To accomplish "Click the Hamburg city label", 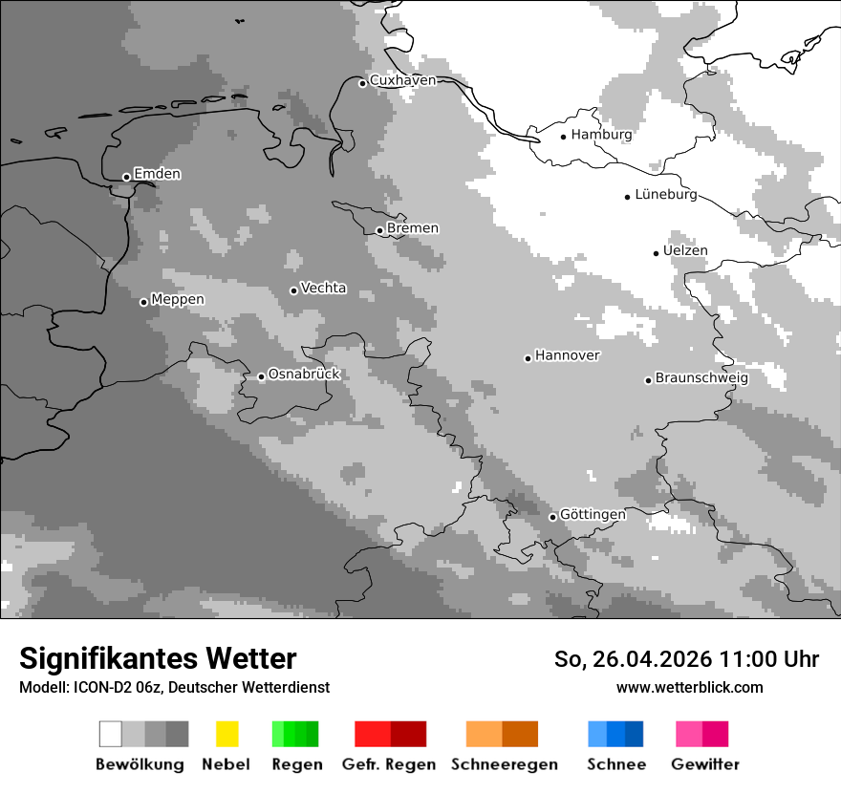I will coord(601,135).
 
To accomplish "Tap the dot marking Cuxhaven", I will coord(362,83).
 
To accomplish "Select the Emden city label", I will coord(157,174).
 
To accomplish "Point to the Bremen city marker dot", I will coord(379,230).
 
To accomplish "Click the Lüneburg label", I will coord(666,194).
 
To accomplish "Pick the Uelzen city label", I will coord(685,250).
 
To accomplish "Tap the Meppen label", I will coord(178,299).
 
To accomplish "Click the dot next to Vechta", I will coord(293,290).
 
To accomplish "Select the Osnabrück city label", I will coord(304,374).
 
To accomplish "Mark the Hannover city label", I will coord(568,355).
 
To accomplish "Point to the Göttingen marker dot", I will coord(552,517).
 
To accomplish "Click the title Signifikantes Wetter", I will coord(158,658).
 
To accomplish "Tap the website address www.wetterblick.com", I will coord(689,687).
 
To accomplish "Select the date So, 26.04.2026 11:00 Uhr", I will coord(686,659).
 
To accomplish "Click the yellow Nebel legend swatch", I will coord(226,734).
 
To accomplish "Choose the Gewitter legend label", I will coord(704,764).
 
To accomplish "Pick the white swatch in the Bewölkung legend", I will coord(111,734).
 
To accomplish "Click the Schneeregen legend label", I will coord(504,764).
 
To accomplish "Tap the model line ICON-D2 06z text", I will coord(174,687).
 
